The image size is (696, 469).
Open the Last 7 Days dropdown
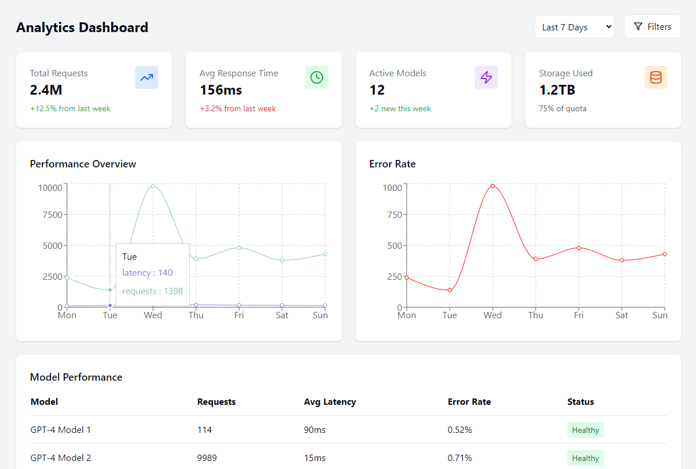coord(574,27)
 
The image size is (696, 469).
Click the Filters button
coord(652,27)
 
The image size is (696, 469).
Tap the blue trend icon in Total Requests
coord(147,77)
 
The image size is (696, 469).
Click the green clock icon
coord(316,77)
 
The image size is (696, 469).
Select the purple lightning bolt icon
coord(486,77)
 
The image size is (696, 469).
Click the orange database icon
coord(655,77)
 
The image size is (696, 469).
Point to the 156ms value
coord(221,90)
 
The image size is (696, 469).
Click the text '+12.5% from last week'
coord(70,108)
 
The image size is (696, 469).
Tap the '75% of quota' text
coord(563,108)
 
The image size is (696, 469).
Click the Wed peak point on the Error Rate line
coord(492,186)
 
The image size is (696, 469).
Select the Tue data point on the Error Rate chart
coord(450,290)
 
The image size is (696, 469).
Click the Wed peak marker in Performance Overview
coord(153,186)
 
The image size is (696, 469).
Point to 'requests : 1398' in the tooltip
coord(152,291)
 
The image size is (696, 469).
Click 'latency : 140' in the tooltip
coord(147,273)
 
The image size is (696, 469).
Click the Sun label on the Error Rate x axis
coord(660,315)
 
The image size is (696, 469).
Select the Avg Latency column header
coord(330,402)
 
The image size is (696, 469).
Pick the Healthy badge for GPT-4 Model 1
coord(585,430)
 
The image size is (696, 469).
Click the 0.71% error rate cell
coord(460,458)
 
